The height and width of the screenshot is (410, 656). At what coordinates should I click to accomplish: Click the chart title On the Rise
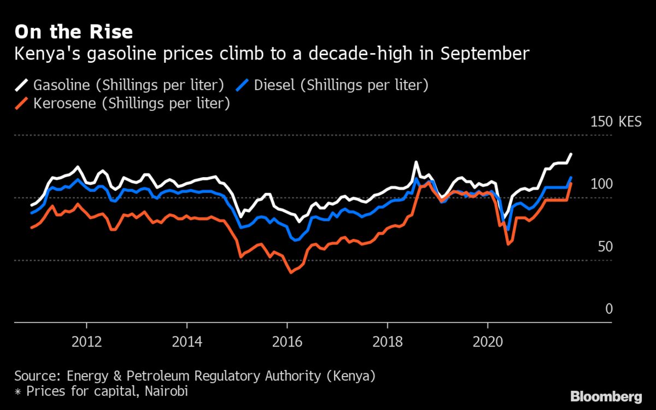tap(73, 32)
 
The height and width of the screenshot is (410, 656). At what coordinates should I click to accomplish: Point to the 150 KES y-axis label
tap(616, 122)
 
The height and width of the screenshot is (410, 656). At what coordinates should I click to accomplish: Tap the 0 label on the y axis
tap(609, 309)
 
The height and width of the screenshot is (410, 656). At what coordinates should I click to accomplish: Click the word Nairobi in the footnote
tap(163, 391)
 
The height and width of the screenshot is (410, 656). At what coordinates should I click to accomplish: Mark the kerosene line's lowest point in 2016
tap(291, 272)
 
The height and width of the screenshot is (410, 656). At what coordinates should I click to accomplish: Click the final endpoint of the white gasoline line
tap(571, 154)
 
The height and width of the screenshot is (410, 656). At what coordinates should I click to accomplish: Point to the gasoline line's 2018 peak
tap(417, 162)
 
